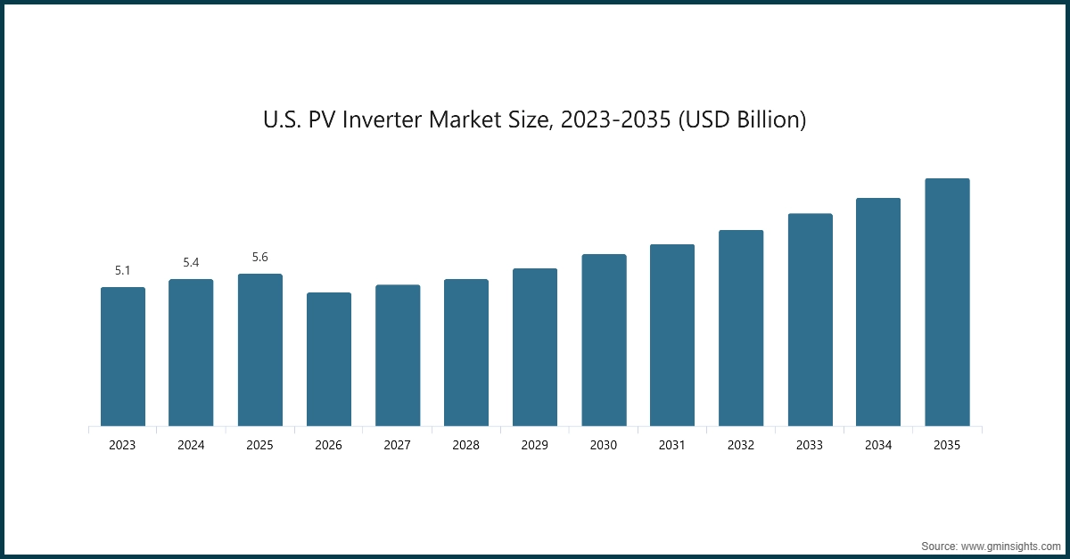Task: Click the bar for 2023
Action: [122, 357]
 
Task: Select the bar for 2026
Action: [328, 359]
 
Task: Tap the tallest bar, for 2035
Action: [946, 302]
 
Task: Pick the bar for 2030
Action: [604, 340]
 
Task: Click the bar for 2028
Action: [465, 352]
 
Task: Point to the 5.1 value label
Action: [122, 270]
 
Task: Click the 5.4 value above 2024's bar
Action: [191, 262]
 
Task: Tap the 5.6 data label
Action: [259, 257]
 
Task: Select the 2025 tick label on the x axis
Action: [259, 445]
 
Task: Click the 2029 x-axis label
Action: [534, 445]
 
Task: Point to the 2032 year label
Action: [740, 445]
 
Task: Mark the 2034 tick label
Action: [877, 445]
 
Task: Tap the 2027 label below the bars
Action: [397, 445]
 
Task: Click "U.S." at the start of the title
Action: [283, 119]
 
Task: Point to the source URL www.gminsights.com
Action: [1010, 545]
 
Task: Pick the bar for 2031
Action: [671, 335]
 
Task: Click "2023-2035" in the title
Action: [616, 119]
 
